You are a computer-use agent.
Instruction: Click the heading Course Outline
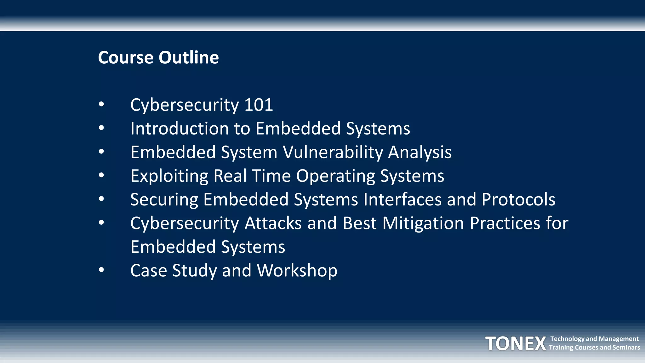(158, 58)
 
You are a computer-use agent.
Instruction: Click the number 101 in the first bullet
(258, 105)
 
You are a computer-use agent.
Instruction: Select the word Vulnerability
(333, 153)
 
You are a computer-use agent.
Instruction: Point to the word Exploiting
(169, 176)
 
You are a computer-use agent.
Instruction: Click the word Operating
(335, 176)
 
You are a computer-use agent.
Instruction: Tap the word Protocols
(518, 200)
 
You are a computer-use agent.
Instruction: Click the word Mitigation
(423, 223)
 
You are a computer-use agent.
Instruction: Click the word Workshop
(297, 271)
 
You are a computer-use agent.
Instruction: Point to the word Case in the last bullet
(149, 271)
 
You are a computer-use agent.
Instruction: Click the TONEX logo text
(516, 343)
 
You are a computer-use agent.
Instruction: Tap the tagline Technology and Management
(594, 339)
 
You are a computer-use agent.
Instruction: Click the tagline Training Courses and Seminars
(594, 348)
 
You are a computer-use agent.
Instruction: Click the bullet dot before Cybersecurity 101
(101, 104)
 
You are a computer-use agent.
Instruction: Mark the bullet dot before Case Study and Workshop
(101, 270)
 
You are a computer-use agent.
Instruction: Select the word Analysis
(420, 153)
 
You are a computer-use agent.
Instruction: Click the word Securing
(164, 200)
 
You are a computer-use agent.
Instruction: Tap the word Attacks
(273, 223)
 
